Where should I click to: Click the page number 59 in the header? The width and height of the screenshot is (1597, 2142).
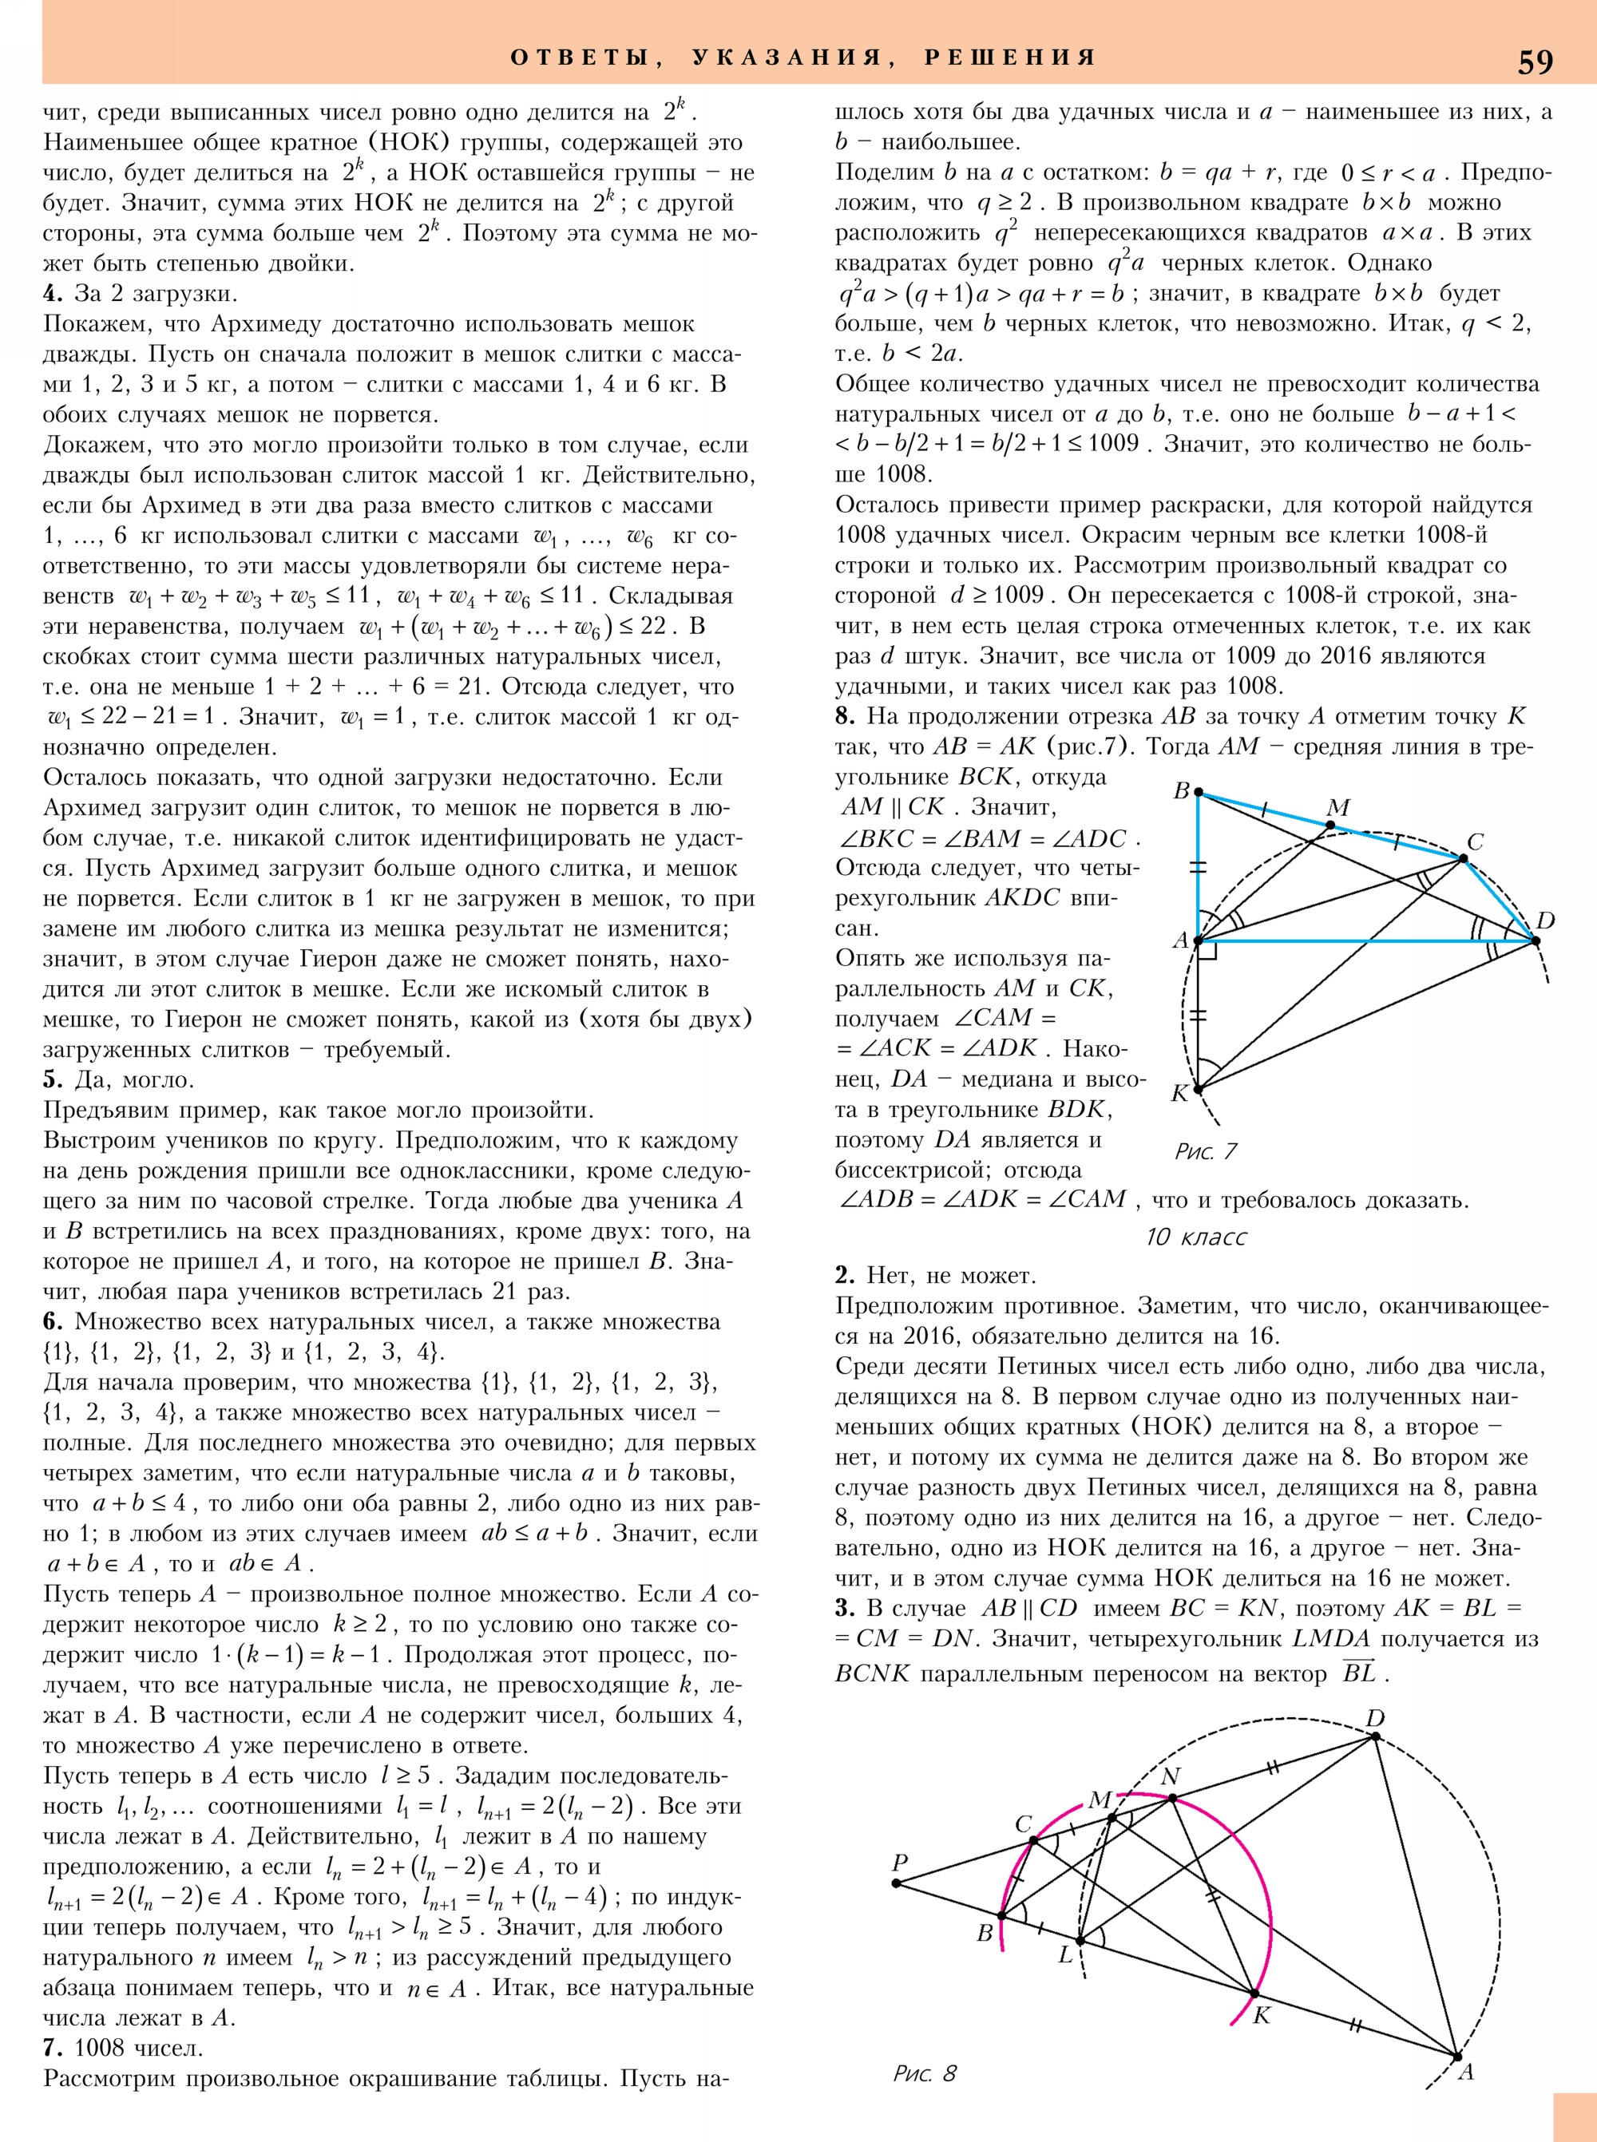pyautogui.click(x=1536, y=61)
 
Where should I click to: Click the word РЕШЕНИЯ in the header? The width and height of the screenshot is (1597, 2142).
pyautogui.click(x=1010, y=57)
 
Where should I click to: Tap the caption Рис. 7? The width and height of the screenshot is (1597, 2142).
pyautogui.click(x=1206, y=1151)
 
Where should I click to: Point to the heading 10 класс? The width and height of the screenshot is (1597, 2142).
pyautogui.click(x=1196, y=1237)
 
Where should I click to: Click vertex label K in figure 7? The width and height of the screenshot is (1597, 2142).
pyautogui.click(x=1179, y=1093)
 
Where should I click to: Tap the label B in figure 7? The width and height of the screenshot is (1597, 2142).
pyautogui.click(x=1181, y=790)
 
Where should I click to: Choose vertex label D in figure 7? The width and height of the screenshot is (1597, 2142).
pyautogui.click(x=1545, y=921)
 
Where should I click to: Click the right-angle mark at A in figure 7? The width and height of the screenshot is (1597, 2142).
pyautogui.click(x=1207, y=949)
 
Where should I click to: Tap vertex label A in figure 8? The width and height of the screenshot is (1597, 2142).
pyautogui.click(x=1465, y=2072)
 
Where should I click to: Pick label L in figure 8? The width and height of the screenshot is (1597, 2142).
pyautogui.click(x=1066, y=1954)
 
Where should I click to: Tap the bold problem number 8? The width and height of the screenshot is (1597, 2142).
pyautogui.click(x=845, y=716)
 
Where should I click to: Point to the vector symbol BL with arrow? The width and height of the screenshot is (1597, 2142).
pyautogui.click(x=1359, y=1673)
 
